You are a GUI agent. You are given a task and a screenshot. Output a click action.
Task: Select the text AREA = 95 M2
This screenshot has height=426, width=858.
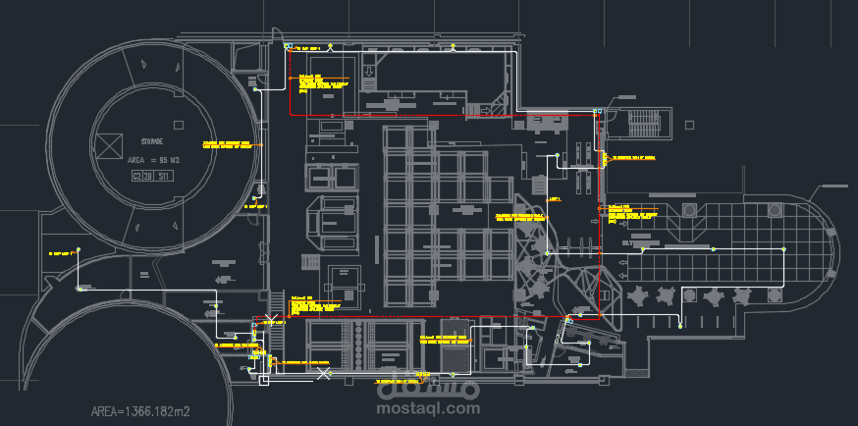[153, 159]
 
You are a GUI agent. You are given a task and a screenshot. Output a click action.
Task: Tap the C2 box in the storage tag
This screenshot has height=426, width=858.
[137, 176]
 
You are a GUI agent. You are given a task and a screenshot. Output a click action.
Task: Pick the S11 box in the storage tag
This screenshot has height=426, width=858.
[165, 176]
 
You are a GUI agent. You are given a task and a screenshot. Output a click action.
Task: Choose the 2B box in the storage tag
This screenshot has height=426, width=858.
[149, 176]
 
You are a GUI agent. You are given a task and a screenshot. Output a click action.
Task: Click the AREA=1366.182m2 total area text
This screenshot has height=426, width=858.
[141, 411]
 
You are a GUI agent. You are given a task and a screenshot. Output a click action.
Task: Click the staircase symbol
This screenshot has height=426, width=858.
[644, 124]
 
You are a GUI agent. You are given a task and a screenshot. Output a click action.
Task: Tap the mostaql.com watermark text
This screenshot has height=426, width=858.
[430, 408]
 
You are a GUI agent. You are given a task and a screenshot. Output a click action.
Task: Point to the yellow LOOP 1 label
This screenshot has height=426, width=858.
[553, 198]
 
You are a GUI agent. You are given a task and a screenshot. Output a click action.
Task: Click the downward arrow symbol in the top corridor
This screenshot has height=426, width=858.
[369, 72]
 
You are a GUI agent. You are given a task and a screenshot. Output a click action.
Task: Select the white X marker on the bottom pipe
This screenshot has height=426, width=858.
[324, 374]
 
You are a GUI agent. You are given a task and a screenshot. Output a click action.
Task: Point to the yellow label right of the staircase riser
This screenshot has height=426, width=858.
[634, 157]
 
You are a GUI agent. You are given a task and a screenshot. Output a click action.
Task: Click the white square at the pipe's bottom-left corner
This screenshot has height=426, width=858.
[263, 380]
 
